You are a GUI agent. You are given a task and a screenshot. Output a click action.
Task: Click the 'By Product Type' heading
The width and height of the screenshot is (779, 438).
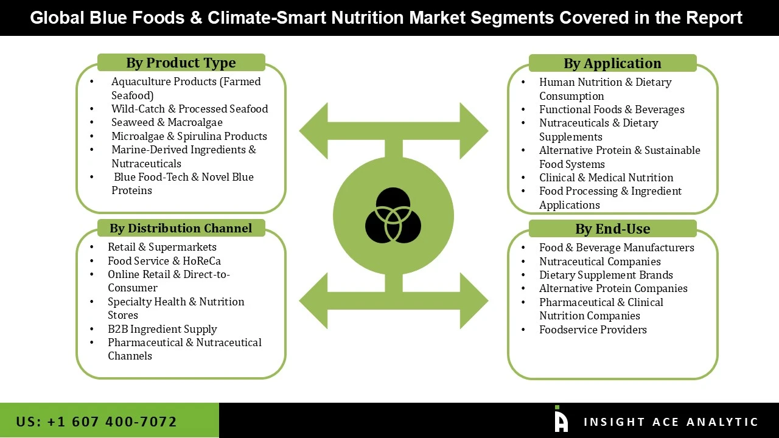pyautogui.click(x=181, y=63)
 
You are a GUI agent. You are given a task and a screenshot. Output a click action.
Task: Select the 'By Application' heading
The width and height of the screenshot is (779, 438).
pyautogui.click(x=612, y=63)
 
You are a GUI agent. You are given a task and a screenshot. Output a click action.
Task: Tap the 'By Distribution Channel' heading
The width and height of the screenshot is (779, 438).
pyautogui.click(x=181, y=228)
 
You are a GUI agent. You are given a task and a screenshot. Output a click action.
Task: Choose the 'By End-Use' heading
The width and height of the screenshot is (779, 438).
pyautogui.click(x=612, y=229)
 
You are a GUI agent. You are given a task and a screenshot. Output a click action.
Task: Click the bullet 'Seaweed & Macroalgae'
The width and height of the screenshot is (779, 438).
pyautogui.click(x=167, y=122)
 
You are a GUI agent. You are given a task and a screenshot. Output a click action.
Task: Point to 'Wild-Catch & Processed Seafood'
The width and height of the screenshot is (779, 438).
pyautogui.click(x=189, y=109)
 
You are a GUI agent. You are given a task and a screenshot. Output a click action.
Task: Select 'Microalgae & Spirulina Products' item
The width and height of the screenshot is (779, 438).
pyautogui.click(x=189, y=136)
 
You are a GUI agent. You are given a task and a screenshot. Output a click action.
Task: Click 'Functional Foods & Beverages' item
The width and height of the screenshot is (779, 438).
pyautogui.click(x=612, y=109)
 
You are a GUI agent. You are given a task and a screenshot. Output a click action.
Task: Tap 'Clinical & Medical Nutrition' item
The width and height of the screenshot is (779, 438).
pyautogui.click(x=606, y=178)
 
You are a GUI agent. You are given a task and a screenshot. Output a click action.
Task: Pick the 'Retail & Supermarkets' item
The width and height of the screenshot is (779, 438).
pyautogui.click(x=162, y=247)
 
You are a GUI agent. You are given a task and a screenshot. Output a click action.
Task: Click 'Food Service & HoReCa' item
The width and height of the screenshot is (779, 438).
pyautogui.click(x=164, y=261)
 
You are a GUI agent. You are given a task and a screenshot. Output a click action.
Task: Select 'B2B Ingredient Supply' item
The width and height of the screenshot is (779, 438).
pyautogui.click(x=162, y=329)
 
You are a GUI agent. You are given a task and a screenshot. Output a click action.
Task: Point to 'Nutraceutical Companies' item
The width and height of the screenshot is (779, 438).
pyautogui.click(x=599, y=262)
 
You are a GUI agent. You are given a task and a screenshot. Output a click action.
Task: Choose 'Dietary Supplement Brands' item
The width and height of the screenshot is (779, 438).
pyautogui.click(x=606, y=275)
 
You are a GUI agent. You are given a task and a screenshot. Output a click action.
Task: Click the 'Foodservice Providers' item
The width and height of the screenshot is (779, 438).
pyautogui.click(x=593, y=330)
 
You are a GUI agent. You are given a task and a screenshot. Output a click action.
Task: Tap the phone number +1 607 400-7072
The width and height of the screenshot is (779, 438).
pyautogui.click(x=96, y=422)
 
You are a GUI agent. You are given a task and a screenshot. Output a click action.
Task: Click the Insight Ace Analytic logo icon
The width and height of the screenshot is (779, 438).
pyautogui.click(x=561, y=419)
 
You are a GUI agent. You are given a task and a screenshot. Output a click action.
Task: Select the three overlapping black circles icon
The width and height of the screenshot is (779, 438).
pyautogui.click(x=393, y=215)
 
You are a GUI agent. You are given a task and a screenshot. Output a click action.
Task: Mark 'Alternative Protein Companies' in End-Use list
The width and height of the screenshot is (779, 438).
pyautogui.click(x=613, y=288)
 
